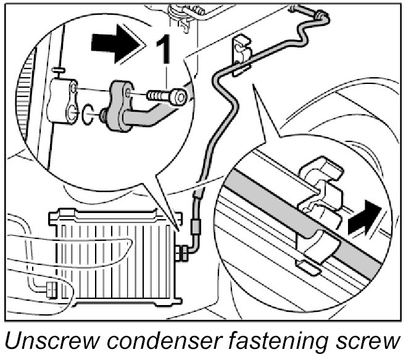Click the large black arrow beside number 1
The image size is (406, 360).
pyautogui.click(x=115, y=44)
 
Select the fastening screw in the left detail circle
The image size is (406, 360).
pyautogui.click(x=165, y=97)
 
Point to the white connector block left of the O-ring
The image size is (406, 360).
pyautogui.click(x=64, y=98)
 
